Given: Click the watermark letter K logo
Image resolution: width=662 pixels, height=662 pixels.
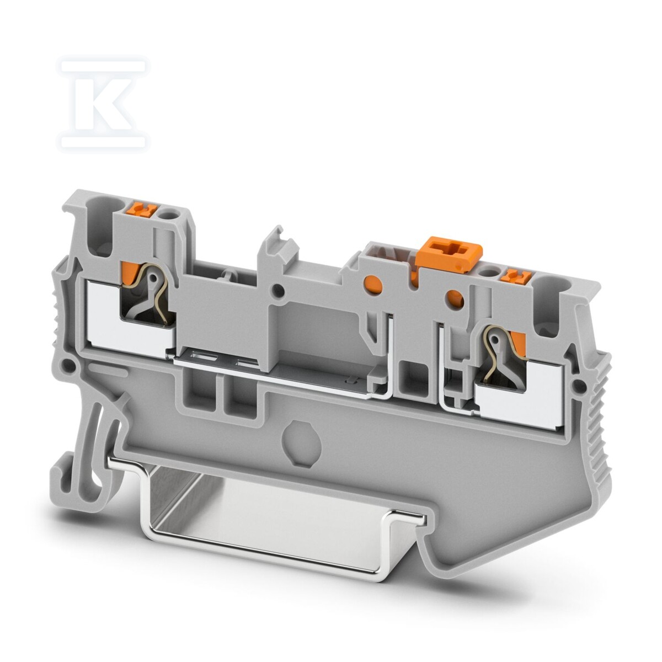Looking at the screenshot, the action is [103, 104].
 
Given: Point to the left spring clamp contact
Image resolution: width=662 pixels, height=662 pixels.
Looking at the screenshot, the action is [147, 296].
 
